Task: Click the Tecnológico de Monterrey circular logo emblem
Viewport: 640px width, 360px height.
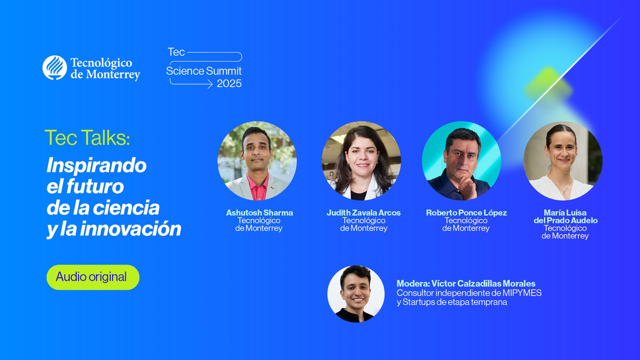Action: click(55, 68)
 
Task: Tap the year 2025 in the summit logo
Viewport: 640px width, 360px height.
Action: click(229, 84)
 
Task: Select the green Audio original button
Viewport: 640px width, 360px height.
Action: click(93, 277)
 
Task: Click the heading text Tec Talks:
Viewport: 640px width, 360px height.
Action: click(87, 138)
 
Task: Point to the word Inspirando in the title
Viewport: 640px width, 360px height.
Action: click(96, 165)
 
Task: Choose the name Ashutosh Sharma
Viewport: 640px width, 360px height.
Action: click(259, 213)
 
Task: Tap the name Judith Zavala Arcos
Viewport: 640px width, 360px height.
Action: click(363, 213)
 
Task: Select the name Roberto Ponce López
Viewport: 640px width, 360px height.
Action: click(466, 213)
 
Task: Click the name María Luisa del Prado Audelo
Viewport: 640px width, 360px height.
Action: click(565, 216)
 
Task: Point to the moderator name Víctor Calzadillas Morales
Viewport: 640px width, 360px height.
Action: click(483, 284)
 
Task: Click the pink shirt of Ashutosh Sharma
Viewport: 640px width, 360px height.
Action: click(257, 190)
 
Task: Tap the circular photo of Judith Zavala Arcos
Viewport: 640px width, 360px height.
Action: click(361, 161)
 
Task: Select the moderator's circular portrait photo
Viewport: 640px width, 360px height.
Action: click(356, 294)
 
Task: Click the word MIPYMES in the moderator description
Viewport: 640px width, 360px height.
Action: click(522, 293)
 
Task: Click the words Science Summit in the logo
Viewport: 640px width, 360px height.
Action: click(204, 71)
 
